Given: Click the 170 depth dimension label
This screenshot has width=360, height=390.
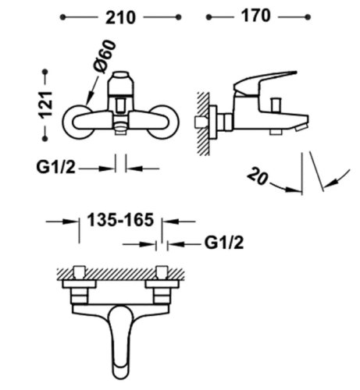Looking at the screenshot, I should pyautogui.click(x=259, y=15).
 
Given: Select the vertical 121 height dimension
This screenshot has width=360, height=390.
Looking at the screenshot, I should pyautogui.click(x=46, y=101).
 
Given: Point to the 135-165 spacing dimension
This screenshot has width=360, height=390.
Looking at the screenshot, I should pyautogui.click(x=119, y=222).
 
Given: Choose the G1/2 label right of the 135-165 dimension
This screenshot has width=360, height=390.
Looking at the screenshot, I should pyautogui.click(x=224, y=243).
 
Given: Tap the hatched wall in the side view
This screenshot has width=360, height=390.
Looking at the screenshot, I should pyautogui.click(x=202, y=117).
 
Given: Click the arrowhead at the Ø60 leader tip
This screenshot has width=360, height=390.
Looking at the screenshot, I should pyautogui.click(x=89, y=100).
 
